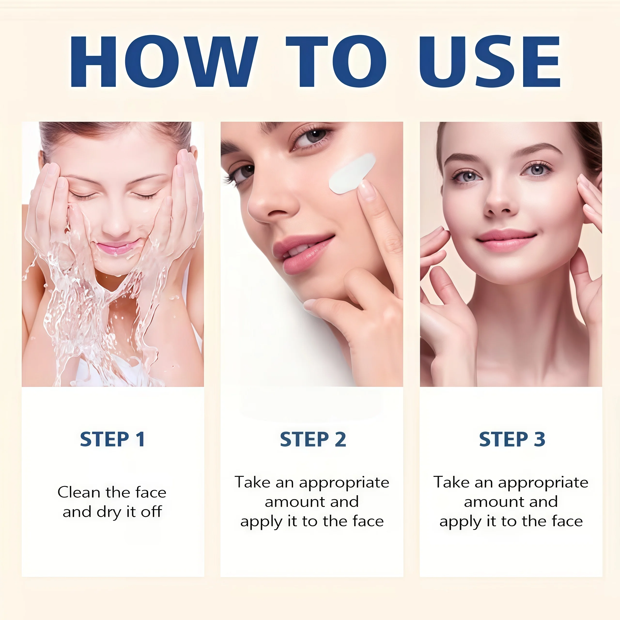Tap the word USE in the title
coord(490,61)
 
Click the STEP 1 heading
coord(112,439)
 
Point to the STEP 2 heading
coord(313,439)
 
